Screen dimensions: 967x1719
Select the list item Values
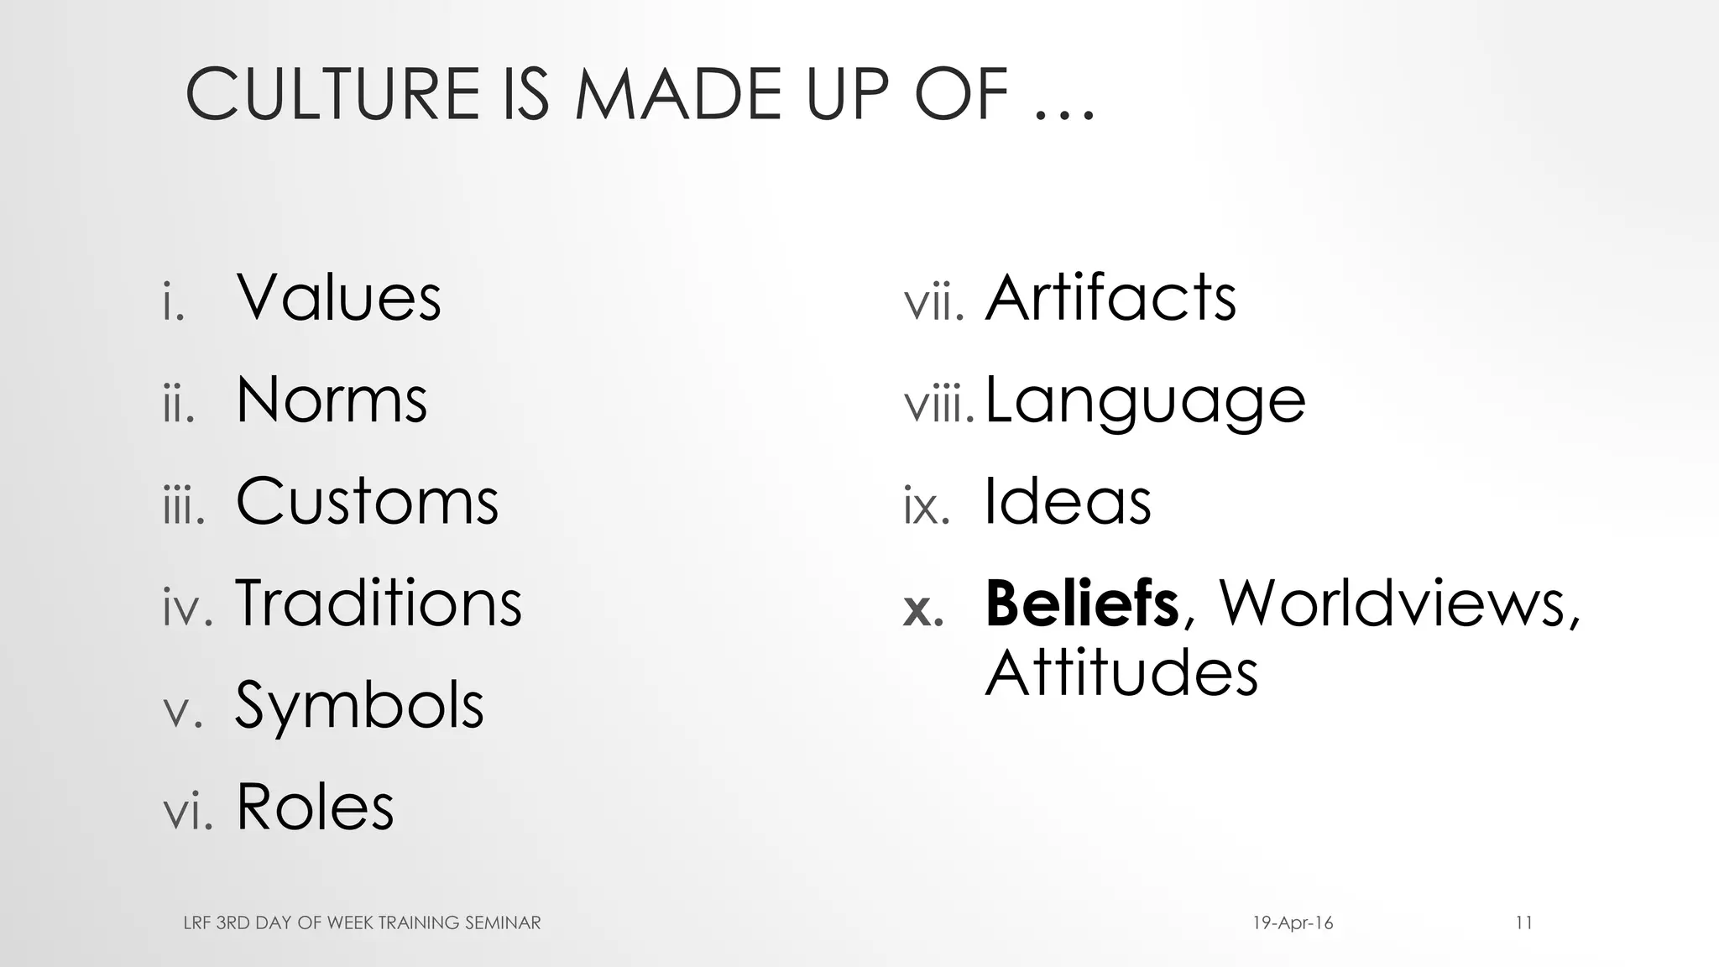[x=338, y=298]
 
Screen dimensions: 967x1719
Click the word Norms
[x=332, y=400]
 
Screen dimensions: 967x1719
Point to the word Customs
[x=367, y=501]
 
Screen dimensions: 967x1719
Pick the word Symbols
[x=359, y=707]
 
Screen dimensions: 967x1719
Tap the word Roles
[x=315, y=807]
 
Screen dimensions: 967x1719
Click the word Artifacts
[x=1110, y=298]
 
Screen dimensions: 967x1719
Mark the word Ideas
[x=1067, y=501]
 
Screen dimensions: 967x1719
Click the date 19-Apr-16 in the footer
[x=1293, y=923]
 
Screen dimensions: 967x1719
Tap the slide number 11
[x=1524, y=923]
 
